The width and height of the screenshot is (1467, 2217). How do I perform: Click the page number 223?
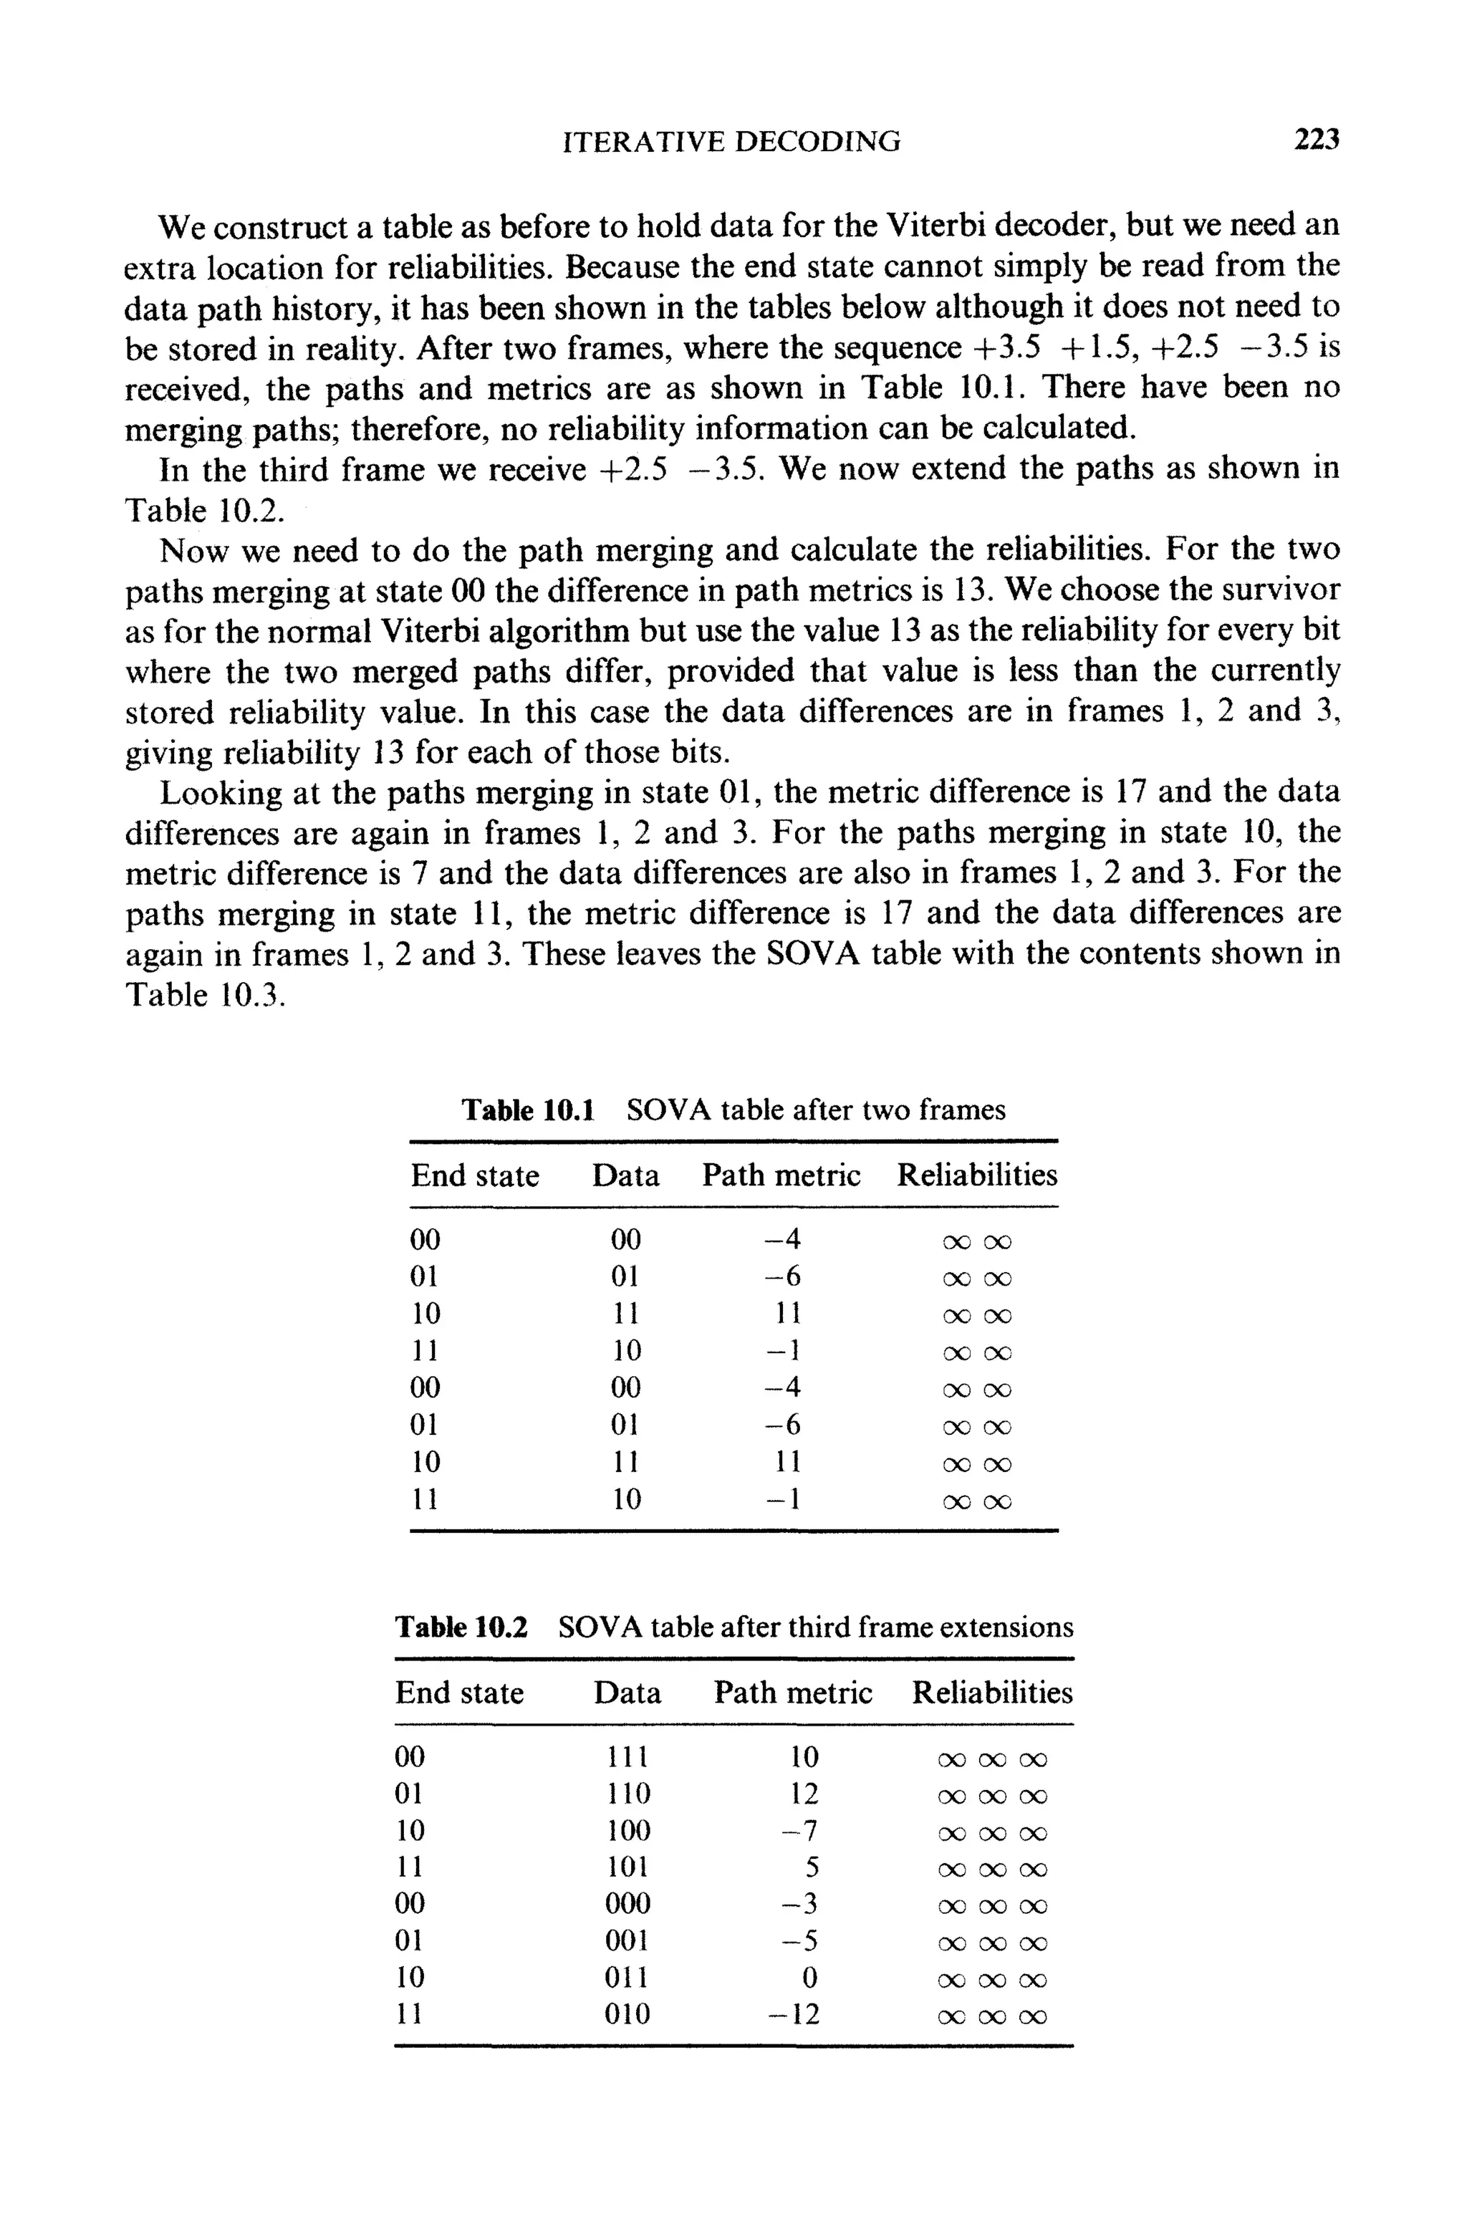[1317, 140]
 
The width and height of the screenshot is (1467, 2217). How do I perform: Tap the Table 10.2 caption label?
[461, 1627]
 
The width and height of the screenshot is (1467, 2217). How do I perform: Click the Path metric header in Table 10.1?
[781, 1175]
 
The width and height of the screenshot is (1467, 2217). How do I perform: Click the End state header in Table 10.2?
[459, 1692]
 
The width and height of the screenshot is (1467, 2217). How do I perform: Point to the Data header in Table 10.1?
[625, 1175]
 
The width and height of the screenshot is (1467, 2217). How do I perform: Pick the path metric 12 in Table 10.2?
[804, 1793]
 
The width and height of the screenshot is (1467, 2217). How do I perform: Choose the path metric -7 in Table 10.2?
[800, 1831]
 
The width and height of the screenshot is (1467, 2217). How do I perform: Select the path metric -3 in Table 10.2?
[800, 1904]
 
